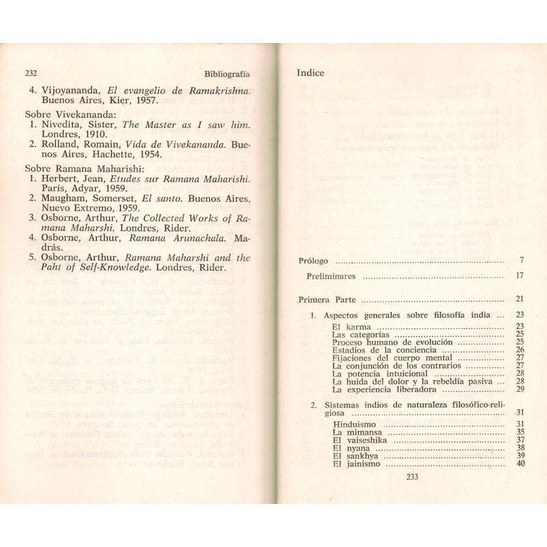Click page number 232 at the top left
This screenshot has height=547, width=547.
coord(31,73)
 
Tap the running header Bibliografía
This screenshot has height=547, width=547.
coord(227,73)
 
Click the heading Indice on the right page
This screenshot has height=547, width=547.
coord(310,72)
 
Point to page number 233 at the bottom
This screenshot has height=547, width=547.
coord(412,477)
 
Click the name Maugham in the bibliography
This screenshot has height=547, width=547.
coord(64,198)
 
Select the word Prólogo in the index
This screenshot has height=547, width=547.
coord(314,261)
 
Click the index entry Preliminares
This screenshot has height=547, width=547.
coord(331,276)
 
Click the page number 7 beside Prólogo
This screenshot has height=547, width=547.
coord(521,261)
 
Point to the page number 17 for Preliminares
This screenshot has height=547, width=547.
coord(520,276)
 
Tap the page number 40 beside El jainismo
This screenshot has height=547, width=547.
coord(520,464)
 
